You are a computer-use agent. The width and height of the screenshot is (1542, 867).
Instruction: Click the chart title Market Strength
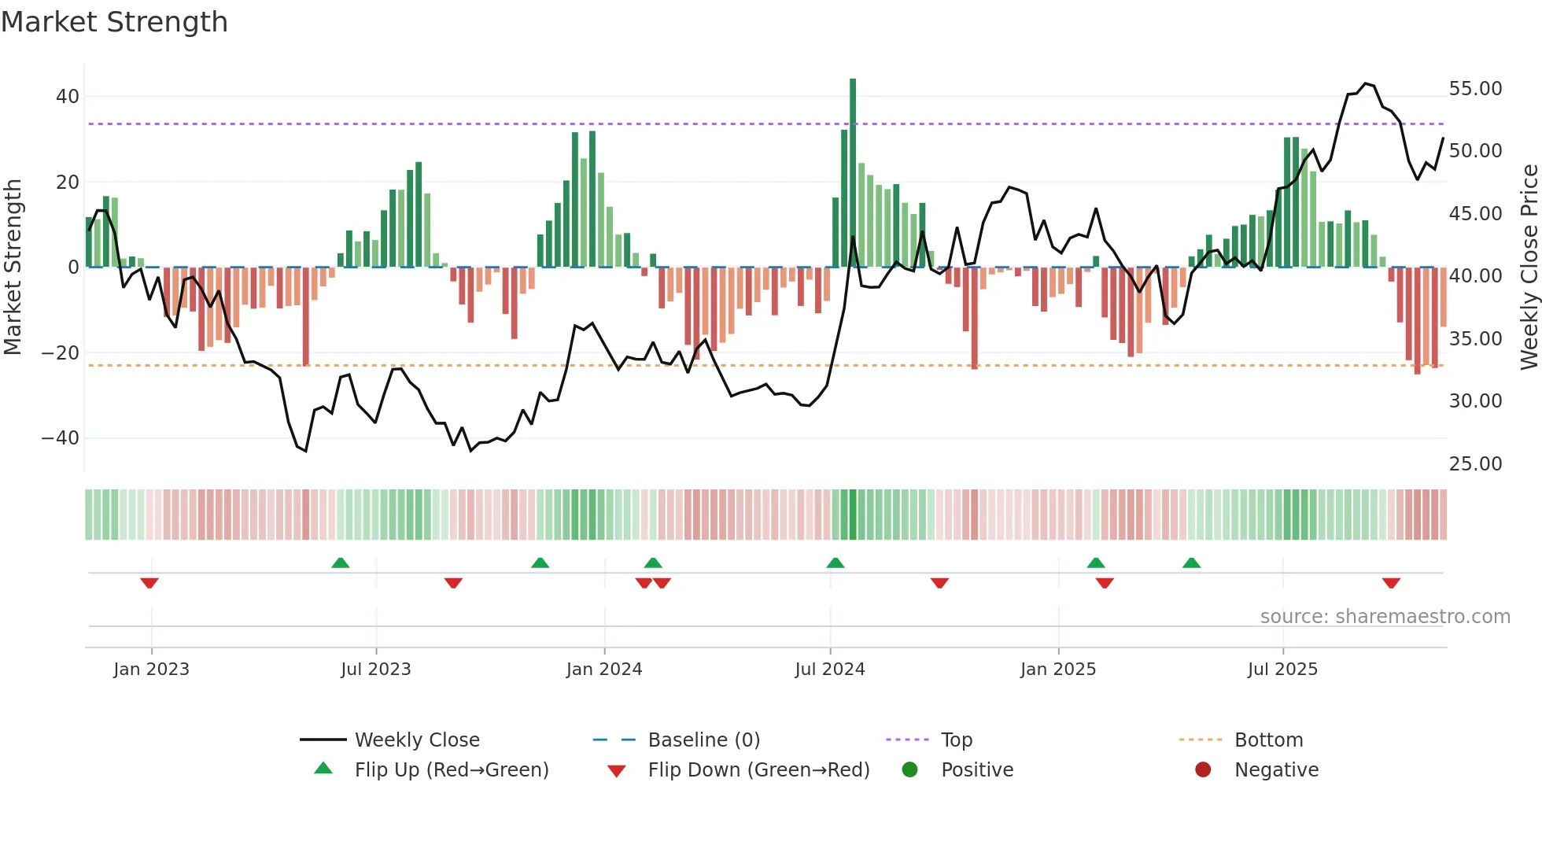point(114,22)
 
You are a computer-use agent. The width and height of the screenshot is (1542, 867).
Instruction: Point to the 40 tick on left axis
point(67,97)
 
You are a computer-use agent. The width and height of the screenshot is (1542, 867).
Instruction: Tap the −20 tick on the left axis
point(61,352)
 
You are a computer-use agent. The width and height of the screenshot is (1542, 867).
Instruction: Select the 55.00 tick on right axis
point(1475,89)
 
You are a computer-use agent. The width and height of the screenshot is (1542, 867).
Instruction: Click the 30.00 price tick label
point(1475,401)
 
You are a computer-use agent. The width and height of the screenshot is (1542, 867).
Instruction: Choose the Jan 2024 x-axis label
point(603,670)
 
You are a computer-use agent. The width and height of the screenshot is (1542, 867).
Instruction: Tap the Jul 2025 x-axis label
point(1282,670)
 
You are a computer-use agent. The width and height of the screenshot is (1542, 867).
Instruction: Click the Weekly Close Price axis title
point(1529,267)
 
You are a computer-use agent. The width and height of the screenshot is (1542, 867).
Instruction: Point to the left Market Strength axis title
point(13,267)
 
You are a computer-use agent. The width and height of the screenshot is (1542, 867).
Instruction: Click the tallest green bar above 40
point(853,173)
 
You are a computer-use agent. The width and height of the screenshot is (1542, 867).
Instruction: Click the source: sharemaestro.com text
point(1385,617)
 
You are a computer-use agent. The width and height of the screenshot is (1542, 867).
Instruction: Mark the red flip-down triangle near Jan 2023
point(149,583)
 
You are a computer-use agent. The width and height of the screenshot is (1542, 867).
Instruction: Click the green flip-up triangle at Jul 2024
point(835,563)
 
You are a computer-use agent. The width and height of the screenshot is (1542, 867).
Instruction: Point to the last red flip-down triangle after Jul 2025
point(1391,583)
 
